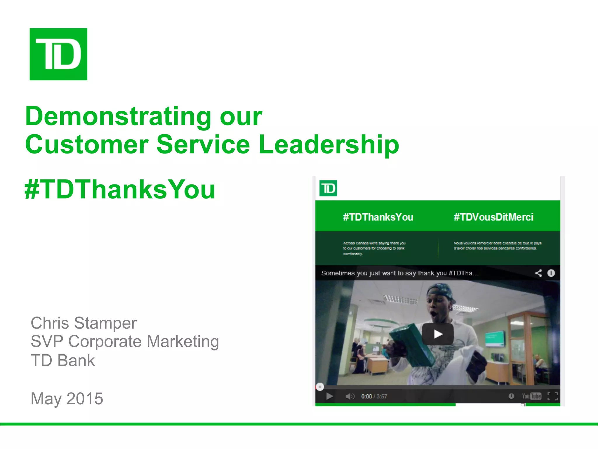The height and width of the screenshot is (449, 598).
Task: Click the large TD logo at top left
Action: click(58, 54)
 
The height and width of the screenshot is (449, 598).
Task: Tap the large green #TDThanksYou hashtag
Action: click(120, 189)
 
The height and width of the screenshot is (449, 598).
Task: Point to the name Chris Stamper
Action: click(84, 323)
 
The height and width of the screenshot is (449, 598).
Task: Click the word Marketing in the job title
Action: click(183, 341)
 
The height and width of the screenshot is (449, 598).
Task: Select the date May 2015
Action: click(67, 398)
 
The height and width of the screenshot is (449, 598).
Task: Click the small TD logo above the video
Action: click(328, 188)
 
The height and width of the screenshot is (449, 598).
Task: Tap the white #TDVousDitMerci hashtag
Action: click(493, 217)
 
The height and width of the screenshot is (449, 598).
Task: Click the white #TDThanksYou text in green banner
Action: click(378, 217)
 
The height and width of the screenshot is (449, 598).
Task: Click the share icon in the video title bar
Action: click(538, 273)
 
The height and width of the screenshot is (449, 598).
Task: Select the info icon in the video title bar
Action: click(551, 273)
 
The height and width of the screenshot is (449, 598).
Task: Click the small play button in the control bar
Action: click(330, 396)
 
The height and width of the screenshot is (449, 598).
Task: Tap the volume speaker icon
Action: click(350, 396)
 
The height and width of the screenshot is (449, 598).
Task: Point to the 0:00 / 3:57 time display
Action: click(374, 396)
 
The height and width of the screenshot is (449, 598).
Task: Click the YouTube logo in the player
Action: click(531, 396)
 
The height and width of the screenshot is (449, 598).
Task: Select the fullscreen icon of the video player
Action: click(552, 396)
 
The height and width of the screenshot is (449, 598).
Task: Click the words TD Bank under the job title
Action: click(63, 360)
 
